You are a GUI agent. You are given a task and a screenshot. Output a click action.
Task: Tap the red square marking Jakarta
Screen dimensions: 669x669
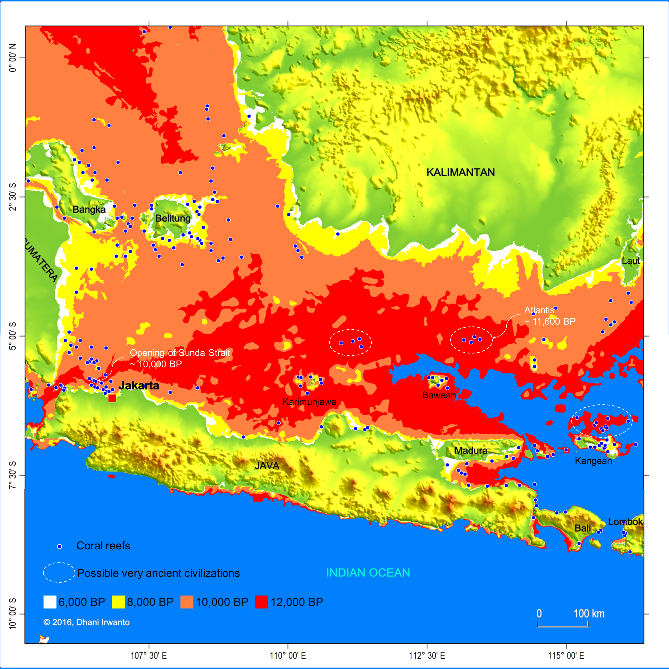pos(112,398)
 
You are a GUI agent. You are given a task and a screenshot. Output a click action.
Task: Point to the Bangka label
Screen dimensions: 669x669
pos(89,210)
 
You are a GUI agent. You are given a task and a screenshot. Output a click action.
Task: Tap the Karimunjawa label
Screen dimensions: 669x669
pos(309,402)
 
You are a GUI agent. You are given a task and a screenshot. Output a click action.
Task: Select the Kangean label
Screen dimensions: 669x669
pos(593,461)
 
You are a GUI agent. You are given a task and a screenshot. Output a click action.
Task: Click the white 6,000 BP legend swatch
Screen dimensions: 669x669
pos(50,602)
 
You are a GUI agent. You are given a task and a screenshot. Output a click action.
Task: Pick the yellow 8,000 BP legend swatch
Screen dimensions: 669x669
pos(118,602)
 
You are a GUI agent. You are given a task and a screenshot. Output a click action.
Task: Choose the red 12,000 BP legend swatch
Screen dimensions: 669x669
pos(261,602)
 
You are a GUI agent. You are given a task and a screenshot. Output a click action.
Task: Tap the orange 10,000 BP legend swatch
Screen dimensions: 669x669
pos(187,602)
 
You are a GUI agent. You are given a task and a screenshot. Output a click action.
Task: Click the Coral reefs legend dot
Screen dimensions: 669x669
pos(59,547)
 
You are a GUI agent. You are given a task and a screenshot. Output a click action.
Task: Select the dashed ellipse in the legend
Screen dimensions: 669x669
pos(59,572)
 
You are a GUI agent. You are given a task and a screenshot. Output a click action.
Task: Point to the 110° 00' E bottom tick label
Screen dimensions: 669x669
pos(288,656)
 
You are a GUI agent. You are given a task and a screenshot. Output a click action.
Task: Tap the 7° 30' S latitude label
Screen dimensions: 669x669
pos(13,475)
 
